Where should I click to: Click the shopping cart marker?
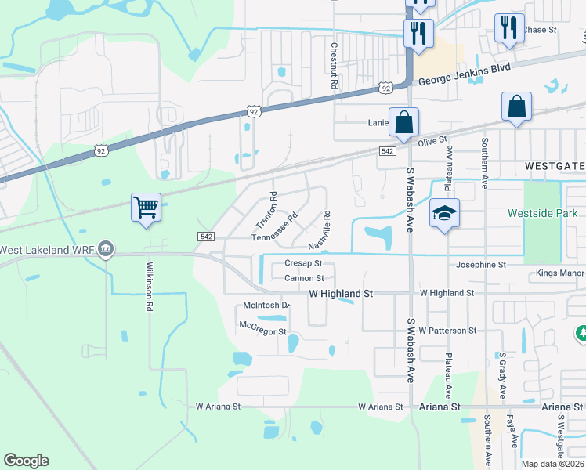pos(146,208)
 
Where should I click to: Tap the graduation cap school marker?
pos(444,213)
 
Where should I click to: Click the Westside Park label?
pos(542,213)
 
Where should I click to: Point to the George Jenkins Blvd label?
pos(464,74)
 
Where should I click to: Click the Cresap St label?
pos(303,264)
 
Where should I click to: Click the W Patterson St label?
pos(447,331)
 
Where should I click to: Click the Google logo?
pos(27,461)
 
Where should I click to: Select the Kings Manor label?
pos(560,274)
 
